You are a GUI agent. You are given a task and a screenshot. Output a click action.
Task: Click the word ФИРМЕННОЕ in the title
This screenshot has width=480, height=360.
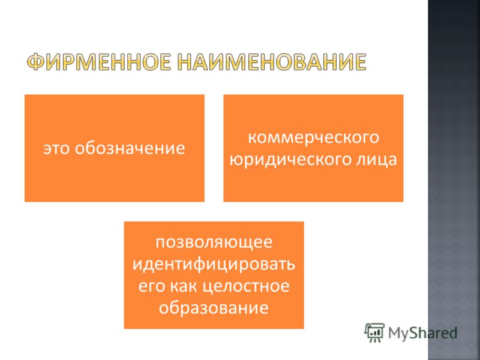(98, 62)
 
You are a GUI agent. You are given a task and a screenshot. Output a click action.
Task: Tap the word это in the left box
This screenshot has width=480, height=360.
(57, 148)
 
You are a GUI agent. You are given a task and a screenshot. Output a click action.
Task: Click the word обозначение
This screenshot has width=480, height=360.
(130, 148)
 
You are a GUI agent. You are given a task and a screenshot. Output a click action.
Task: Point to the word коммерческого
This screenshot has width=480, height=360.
(313, 137)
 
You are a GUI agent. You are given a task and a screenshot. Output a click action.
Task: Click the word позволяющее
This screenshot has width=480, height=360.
(214, 242)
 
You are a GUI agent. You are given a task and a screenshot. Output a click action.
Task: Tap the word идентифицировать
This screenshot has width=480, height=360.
(214, 264)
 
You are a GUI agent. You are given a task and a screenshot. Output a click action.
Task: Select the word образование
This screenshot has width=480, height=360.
(214, 307)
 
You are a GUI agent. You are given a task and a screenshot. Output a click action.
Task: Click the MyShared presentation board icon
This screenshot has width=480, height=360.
(374, 332)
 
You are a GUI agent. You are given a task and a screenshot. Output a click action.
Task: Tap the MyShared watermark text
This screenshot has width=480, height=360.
(423, 333)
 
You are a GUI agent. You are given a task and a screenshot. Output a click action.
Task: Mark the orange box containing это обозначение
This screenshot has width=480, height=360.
(115, 148)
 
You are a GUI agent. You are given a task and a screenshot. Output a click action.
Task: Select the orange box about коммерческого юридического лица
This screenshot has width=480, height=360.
(313, 148)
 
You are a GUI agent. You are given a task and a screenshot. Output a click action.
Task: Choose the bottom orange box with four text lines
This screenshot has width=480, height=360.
(214, 275)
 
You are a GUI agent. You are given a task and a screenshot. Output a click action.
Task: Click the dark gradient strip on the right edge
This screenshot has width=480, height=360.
(454, 180)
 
